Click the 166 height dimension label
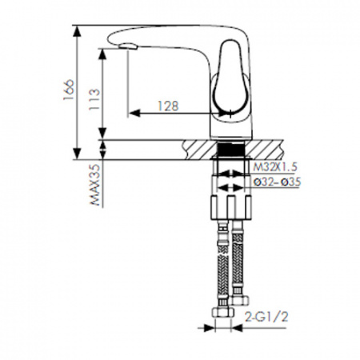[68, 90]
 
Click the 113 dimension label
[94, 99]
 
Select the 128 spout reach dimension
[168, 106]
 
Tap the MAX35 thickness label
[95, 185]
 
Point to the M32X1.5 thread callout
[275, 167]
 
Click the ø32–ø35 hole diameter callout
[277, 182]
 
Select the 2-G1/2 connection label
[266, 317]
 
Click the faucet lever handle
[231, 79]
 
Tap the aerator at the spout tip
[128, 46]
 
